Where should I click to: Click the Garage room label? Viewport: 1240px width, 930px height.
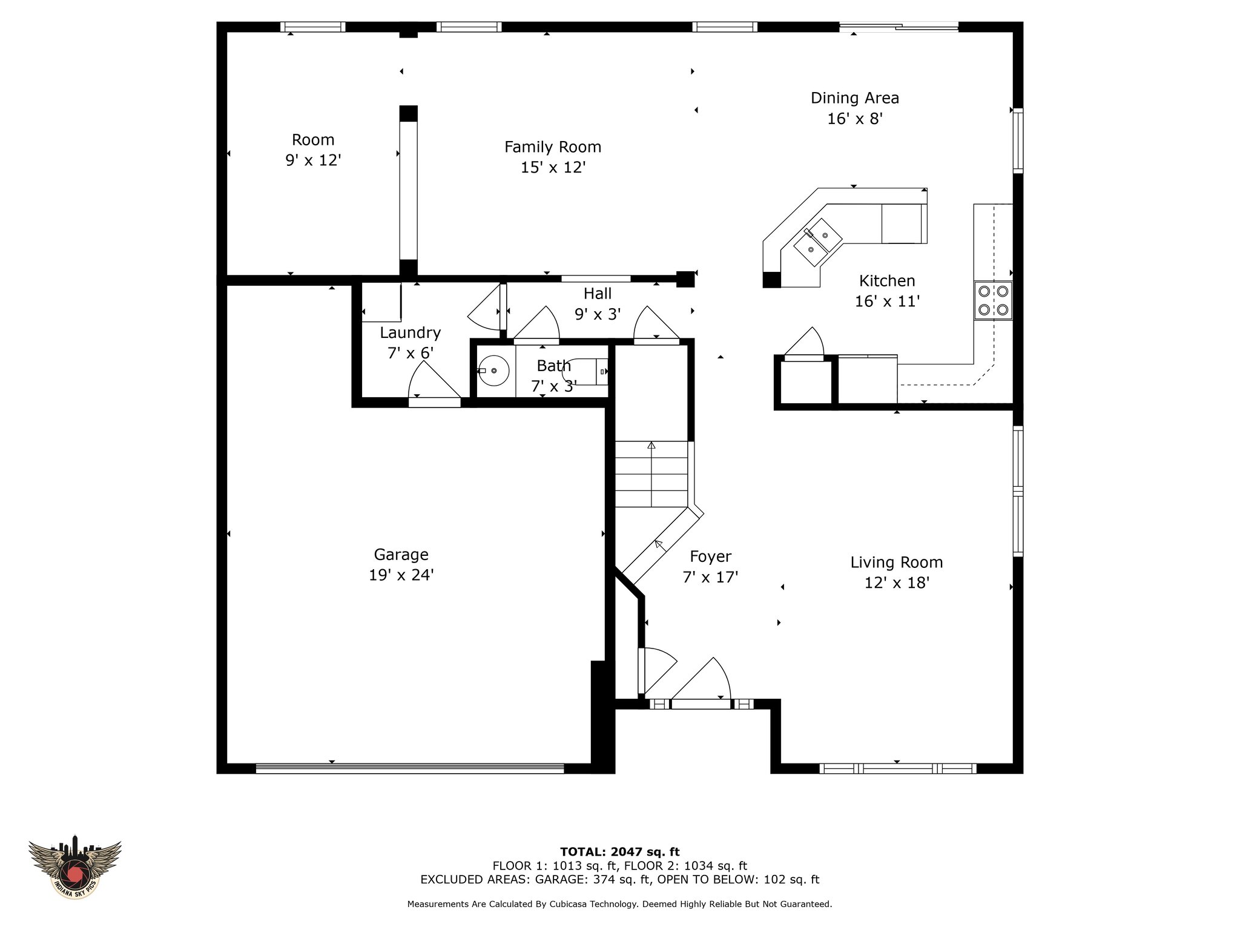(401, 554)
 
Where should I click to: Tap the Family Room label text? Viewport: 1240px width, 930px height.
(553, 147)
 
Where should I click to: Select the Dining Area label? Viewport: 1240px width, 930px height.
(855, 97)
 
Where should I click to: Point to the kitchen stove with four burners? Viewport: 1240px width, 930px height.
(993, 300)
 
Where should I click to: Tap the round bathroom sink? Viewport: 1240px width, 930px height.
(494, 371)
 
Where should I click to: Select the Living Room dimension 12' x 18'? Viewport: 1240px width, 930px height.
(897, 582)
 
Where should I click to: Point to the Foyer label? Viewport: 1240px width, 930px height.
(710, 556)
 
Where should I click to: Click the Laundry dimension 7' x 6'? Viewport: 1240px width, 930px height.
(410, 352)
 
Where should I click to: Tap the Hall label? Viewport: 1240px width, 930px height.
(598, 294)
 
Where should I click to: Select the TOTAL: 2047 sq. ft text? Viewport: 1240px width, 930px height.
(620, 852)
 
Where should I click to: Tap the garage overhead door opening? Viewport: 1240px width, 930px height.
(410, 768)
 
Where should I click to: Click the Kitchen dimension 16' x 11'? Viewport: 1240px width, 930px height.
(887, 301)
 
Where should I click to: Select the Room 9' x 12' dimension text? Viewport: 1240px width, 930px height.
(313, 160)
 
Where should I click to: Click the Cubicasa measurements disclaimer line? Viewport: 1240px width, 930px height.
(619, 905)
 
